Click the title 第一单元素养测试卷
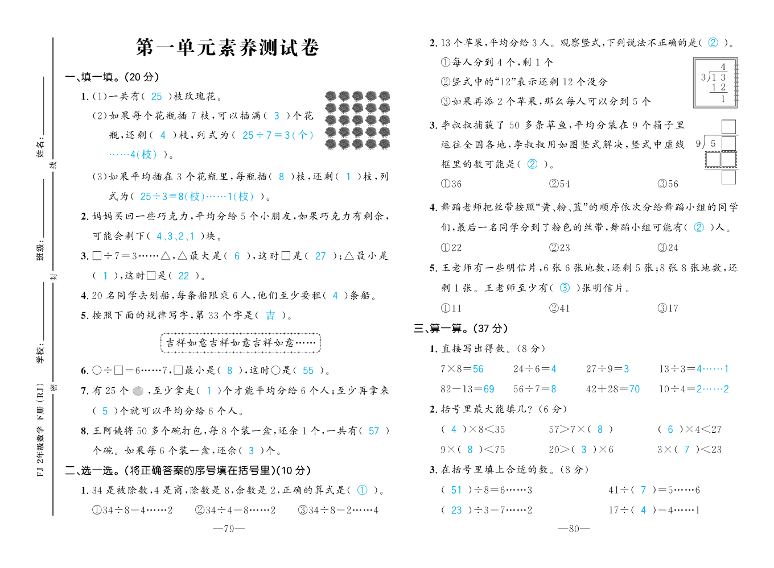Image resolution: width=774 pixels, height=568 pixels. [227, 47]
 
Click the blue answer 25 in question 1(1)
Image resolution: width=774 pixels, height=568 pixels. [157, 97]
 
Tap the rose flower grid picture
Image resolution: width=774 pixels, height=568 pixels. [357, 120]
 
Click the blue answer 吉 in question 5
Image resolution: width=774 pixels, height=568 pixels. [270, 315]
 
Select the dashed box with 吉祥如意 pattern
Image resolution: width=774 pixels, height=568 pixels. [241, 343]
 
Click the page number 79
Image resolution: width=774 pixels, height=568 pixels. [229, 529]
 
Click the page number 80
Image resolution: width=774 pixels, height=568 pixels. [574, 529]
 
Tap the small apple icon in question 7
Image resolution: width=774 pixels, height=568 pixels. [138, 391]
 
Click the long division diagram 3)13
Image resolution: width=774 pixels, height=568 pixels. [715, 83]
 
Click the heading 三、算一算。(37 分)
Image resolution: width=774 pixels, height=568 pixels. [460, 329]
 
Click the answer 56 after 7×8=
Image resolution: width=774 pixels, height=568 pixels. [477, 369]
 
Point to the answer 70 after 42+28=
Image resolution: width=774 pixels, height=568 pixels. [634, 389]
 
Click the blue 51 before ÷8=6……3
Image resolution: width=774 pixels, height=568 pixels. [456, 490]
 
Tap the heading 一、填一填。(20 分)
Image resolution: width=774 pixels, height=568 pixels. [112, 77]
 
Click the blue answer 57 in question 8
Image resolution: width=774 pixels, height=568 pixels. [374, 431]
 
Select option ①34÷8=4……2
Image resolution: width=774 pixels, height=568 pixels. [132, 511]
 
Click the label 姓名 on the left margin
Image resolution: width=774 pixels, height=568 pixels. [40, 146]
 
